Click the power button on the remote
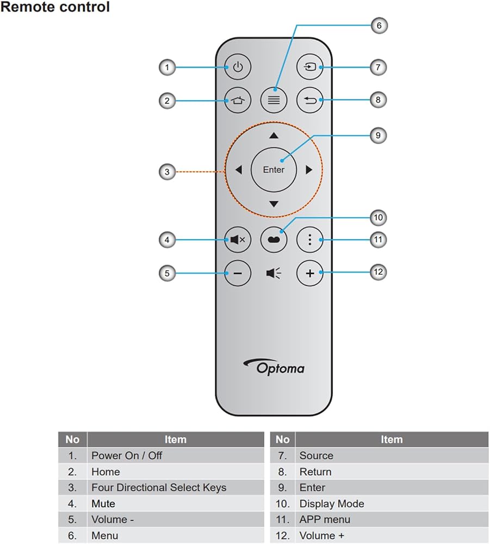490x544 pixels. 238,67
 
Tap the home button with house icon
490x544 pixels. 238,100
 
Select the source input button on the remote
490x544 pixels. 310,66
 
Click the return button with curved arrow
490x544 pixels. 310,100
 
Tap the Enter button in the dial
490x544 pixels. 274,170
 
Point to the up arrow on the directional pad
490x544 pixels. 274,135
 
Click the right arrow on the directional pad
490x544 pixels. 309,170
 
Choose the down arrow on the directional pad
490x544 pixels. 274,204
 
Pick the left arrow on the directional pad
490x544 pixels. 239,170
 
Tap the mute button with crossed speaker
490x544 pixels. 238,239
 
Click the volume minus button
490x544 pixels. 238,274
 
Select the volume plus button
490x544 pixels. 310,274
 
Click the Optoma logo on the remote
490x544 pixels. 274,367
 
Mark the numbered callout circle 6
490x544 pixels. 379,26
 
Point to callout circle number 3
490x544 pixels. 167,172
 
